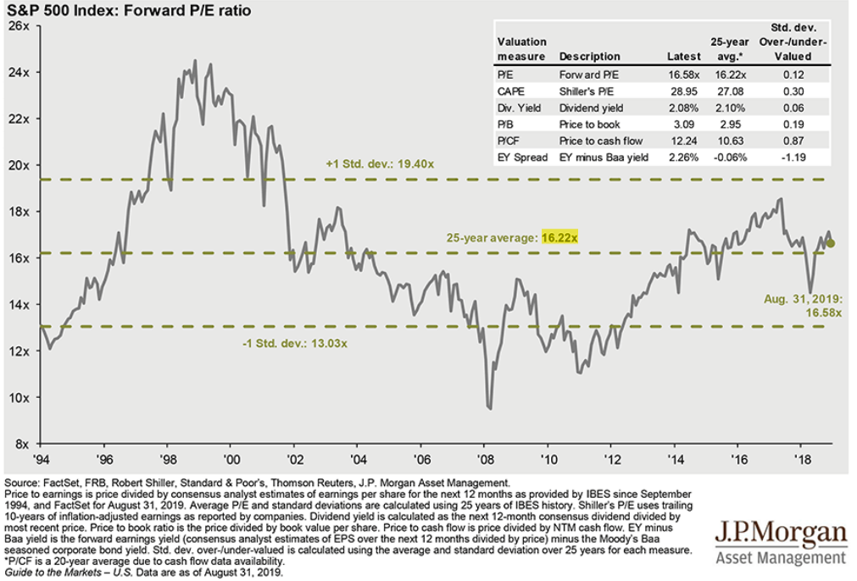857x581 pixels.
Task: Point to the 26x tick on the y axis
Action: (x=19, y=26)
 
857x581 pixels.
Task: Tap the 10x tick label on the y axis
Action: (x=19, y=397)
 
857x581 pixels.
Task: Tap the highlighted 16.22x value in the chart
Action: (x=559, y=238)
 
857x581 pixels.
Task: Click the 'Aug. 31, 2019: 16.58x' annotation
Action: (x=803, y=306)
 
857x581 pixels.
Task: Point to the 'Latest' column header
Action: (x=683, y=56)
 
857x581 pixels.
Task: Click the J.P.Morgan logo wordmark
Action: (x=781, y=534)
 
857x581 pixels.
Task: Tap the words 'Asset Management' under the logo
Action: (x=781, y=559)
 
